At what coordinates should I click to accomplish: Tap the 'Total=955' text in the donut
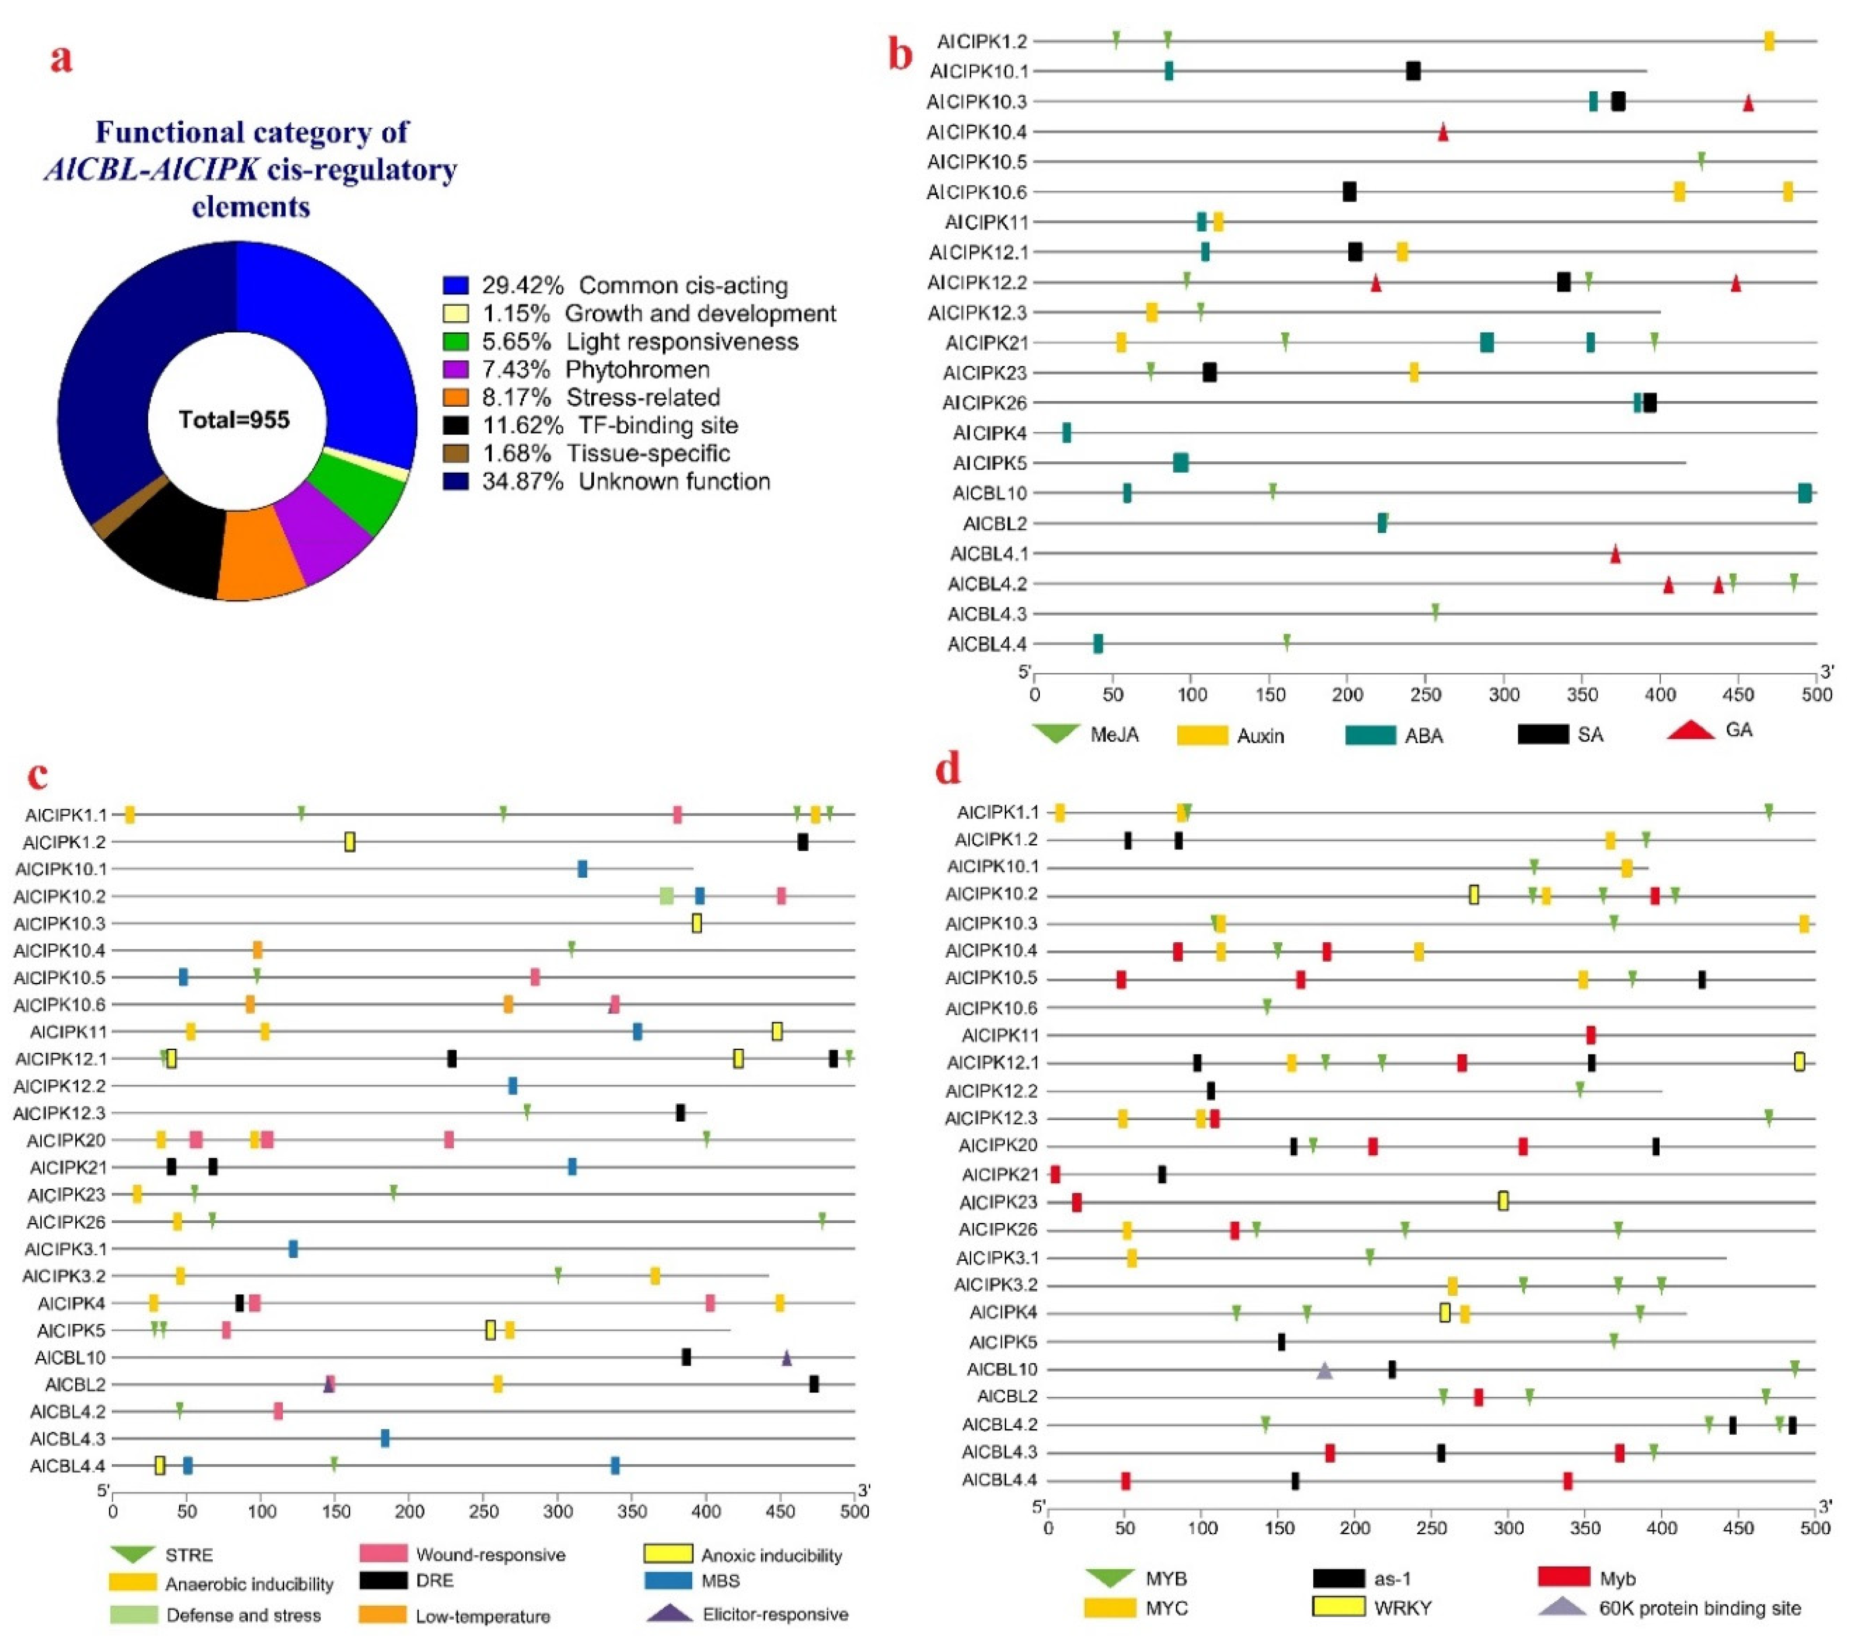(x=234, y=420)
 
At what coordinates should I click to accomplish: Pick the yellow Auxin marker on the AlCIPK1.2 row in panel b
(x=1769, y=41)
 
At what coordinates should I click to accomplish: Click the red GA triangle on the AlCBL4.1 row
(x=1614, y=553)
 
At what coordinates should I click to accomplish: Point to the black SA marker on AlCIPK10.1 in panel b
(x=1412, y=71)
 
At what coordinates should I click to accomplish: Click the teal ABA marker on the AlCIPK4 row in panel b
(x=1066, y=433)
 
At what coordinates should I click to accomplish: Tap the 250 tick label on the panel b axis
(x=1426, y=695)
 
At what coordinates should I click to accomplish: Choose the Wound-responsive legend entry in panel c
(x=489, y=1555)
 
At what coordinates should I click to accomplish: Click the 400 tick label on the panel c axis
(x=706, y=1511)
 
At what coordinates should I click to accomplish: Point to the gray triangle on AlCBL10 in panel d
(x=1324, y=1371)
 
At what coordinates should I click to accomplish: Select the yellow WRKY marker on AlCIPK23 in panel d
(x=1503, y=1202)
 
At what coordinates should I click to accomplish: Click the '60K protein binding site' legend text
(x=1700, y=1608)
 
